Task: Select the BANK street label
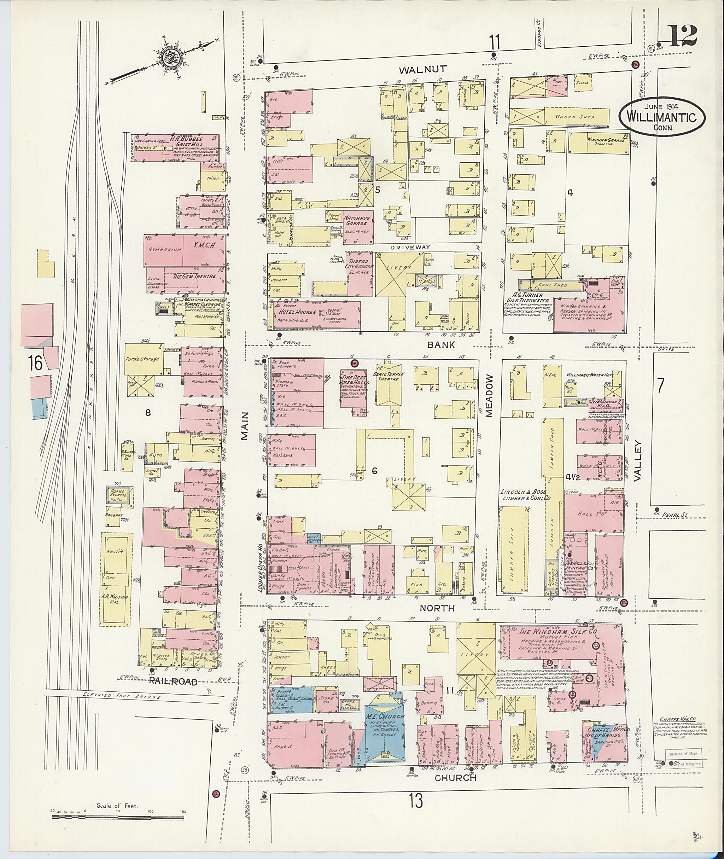441,344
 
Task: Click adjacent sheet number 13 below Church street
416,800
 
